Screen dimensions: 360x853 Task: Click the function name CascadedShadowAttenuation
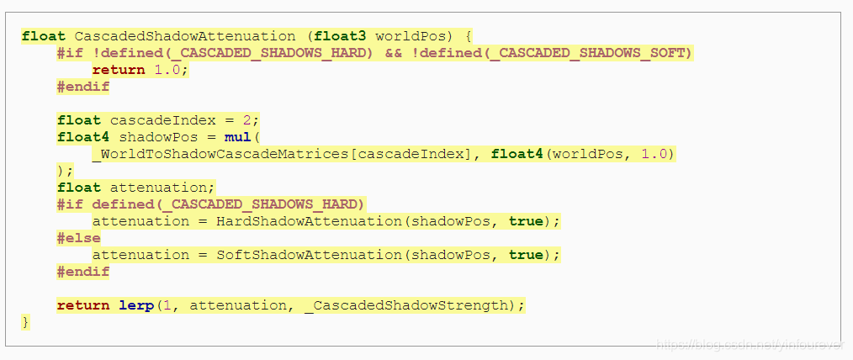185,36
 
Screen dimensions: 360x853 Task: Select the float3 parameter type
340,36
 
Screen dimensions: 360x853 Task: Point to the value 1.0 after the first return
167,70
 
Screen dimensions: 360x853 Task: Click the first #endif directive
83,87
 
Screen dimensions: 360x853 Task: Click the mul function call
238,137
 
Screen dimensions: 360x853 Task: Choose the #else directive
79,238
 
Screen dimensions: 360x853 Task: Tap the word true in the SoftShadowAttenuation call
526,255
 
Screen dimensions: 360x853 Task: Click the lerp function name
136,305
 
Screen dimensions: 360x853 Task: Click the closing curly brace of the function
26,322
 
